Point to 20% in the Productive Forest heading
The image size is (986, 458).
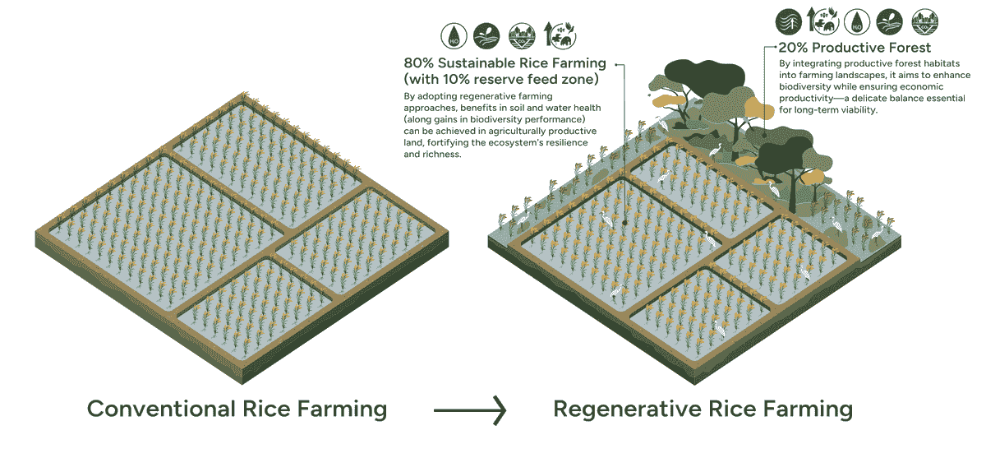[795, 48]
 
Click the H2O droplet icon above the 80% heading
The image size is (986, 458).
[453, 35]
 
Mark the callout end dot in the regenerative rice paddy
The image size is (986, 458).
[624, 220]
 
